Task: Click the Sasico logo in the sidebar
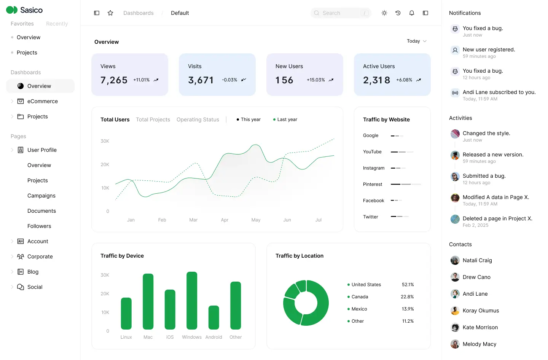point(24,10)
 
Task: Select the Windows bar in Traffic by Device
point(192,300)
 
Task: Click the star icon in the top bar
point(110,13)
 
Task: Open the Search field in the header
point(341,13)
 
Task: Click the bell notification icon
point(412,13)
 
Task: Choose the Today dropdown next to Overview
point(416,41)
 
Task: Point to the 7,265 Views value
point(114,80)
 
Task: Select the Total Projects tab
point(153,119)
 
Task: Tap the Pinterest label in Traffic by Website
point(373,184)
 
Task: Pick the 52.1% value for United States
point(408,285)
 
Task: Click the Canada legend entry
point(360,297)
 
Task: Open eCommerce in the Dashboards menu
point(43,101)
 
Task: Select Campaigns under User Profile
point(41,196)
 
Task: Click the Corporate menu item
point(40,256)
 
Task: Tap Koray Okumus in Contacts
point(481,311)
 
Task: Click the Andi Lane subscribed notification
point(499,92)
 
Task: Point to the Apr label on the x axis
point(225,220)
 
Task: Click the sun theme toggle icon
point(384,13)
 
